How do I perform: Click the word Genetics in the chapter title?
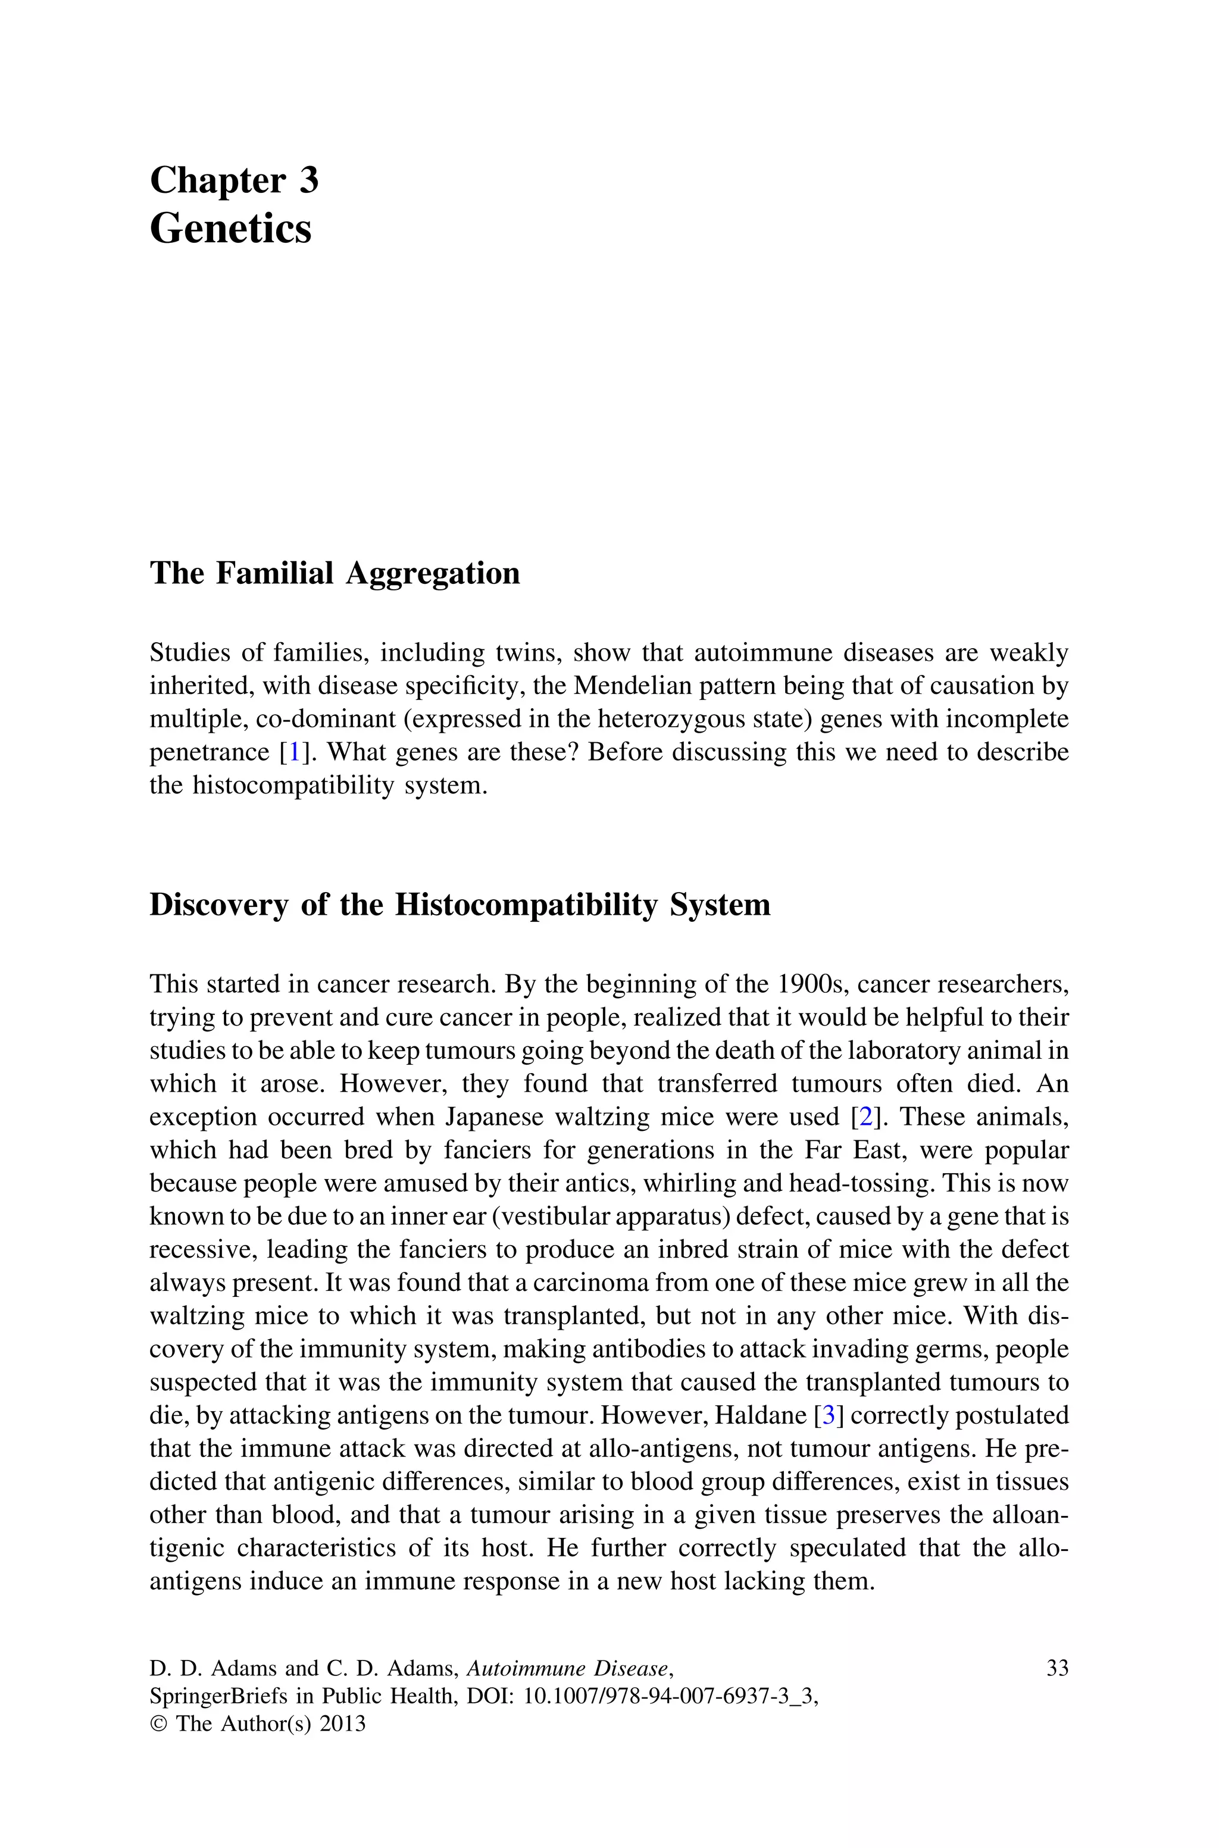(230, 229)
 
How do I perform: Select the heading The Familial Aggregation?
(335, 574)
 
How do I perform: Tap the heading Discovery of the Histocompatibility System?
(460, 905)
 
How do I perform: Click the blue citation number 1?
(295, 752)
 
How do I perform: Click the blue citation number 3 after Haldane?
(829, 1415)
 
